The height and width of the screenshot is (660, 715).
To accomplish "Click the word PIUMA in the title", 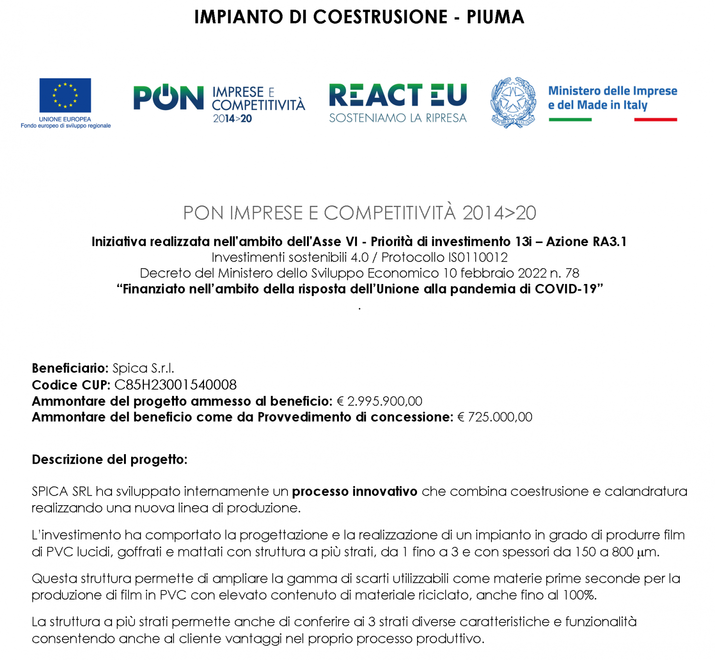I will [495, 17].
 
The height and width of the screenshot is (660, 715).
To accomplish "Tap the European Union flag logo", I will [65, 95].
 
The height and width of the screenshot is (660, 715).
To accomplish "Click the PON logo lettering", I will [168, 98].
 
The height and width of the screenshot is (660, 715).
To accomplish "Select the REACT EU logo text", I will [398, 95].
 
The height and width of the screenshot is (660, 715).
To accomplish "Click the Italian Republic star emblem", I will [513, 102].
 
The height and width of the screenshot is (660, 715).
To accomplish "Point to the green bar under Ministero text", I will [570, 120].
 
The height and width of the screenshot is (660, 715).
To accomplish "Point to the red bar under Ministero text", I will [655, 120].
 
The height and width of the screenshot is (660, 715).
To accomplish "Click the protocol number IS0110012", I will [478, 257].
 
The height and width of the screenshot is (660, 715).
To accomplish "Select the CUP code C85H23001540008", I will [175, 385].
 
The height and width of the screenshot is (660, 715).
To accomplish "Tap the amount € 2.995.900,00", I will [379, 401].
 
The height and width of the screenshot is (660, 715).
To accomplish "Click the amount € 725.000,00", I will [495, 417].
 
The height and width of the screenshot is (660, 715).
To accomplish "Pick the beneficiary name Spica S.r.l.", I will [143, 368].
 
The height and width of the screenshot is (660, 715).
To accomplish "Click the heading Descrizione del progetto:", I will [109, 459].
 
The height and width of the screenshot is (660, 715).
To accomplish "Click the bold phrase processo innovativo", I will [355, 491].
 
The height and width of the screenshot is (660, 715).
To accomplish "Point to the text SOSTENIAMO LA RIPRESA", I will [398, 118].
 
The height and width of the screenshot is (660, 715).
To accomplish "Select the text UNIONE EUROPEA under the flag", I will [65, 119].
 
